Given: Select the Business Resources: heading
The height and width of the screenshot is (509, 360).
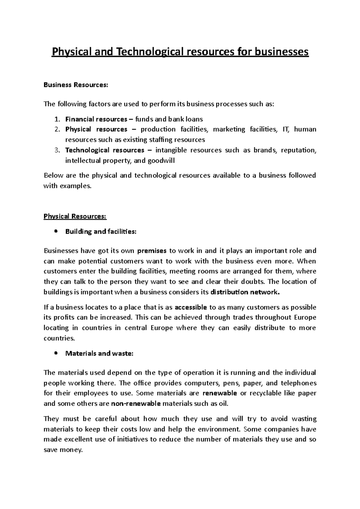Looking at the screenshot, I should pos(75,85).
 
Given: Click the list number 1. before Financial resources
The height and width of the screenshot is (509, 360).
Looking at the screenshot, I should pos(57,119).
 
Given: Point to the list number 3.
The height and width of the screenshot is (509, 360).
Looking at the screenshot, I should pos(57,150).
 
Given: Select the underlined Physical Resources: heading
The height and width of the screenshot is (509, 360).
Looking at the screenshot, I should pos(75,216).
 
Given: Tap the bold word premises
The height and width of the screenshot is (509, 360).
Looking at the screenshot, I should pos(151,251).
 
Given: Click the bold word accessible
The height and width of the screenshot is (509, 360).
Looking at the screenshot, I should pos(191,307).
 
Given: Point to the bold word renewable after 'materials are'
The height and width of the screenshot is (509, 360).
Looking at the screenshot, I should pos(220,393).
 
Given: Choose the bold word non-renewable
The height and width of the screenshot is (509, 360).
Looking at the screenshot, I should pos(136,403).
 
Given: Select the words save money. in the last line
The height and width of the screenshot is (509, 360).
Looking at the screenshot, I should pos(63,450).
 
